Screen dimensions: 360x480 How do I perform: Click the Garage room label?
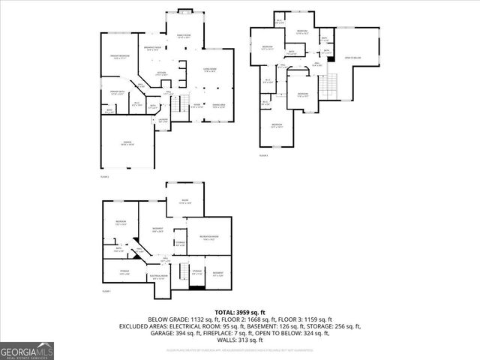(x=127, y=143)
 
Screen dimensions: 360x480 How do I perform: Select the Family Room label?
(x=184, y=36)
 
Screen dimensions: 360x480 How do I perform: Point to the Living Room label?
(x=209, y=70)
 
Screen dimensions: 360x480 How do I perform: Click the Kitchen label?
(x=161, y=74)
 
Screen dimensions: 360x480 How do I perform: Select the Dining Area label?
(x=218, y=106)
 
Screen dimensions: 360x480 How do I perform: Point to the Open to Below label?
(x=353, y=57)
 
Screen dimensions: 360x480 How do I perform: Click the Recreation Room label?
(x=208, y=238)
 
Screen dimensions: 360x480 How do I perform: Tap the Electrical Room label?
(x=158, y=277)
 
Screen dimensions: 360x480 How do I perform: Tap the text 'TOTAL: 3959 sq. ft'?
(x=240, y=311)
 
